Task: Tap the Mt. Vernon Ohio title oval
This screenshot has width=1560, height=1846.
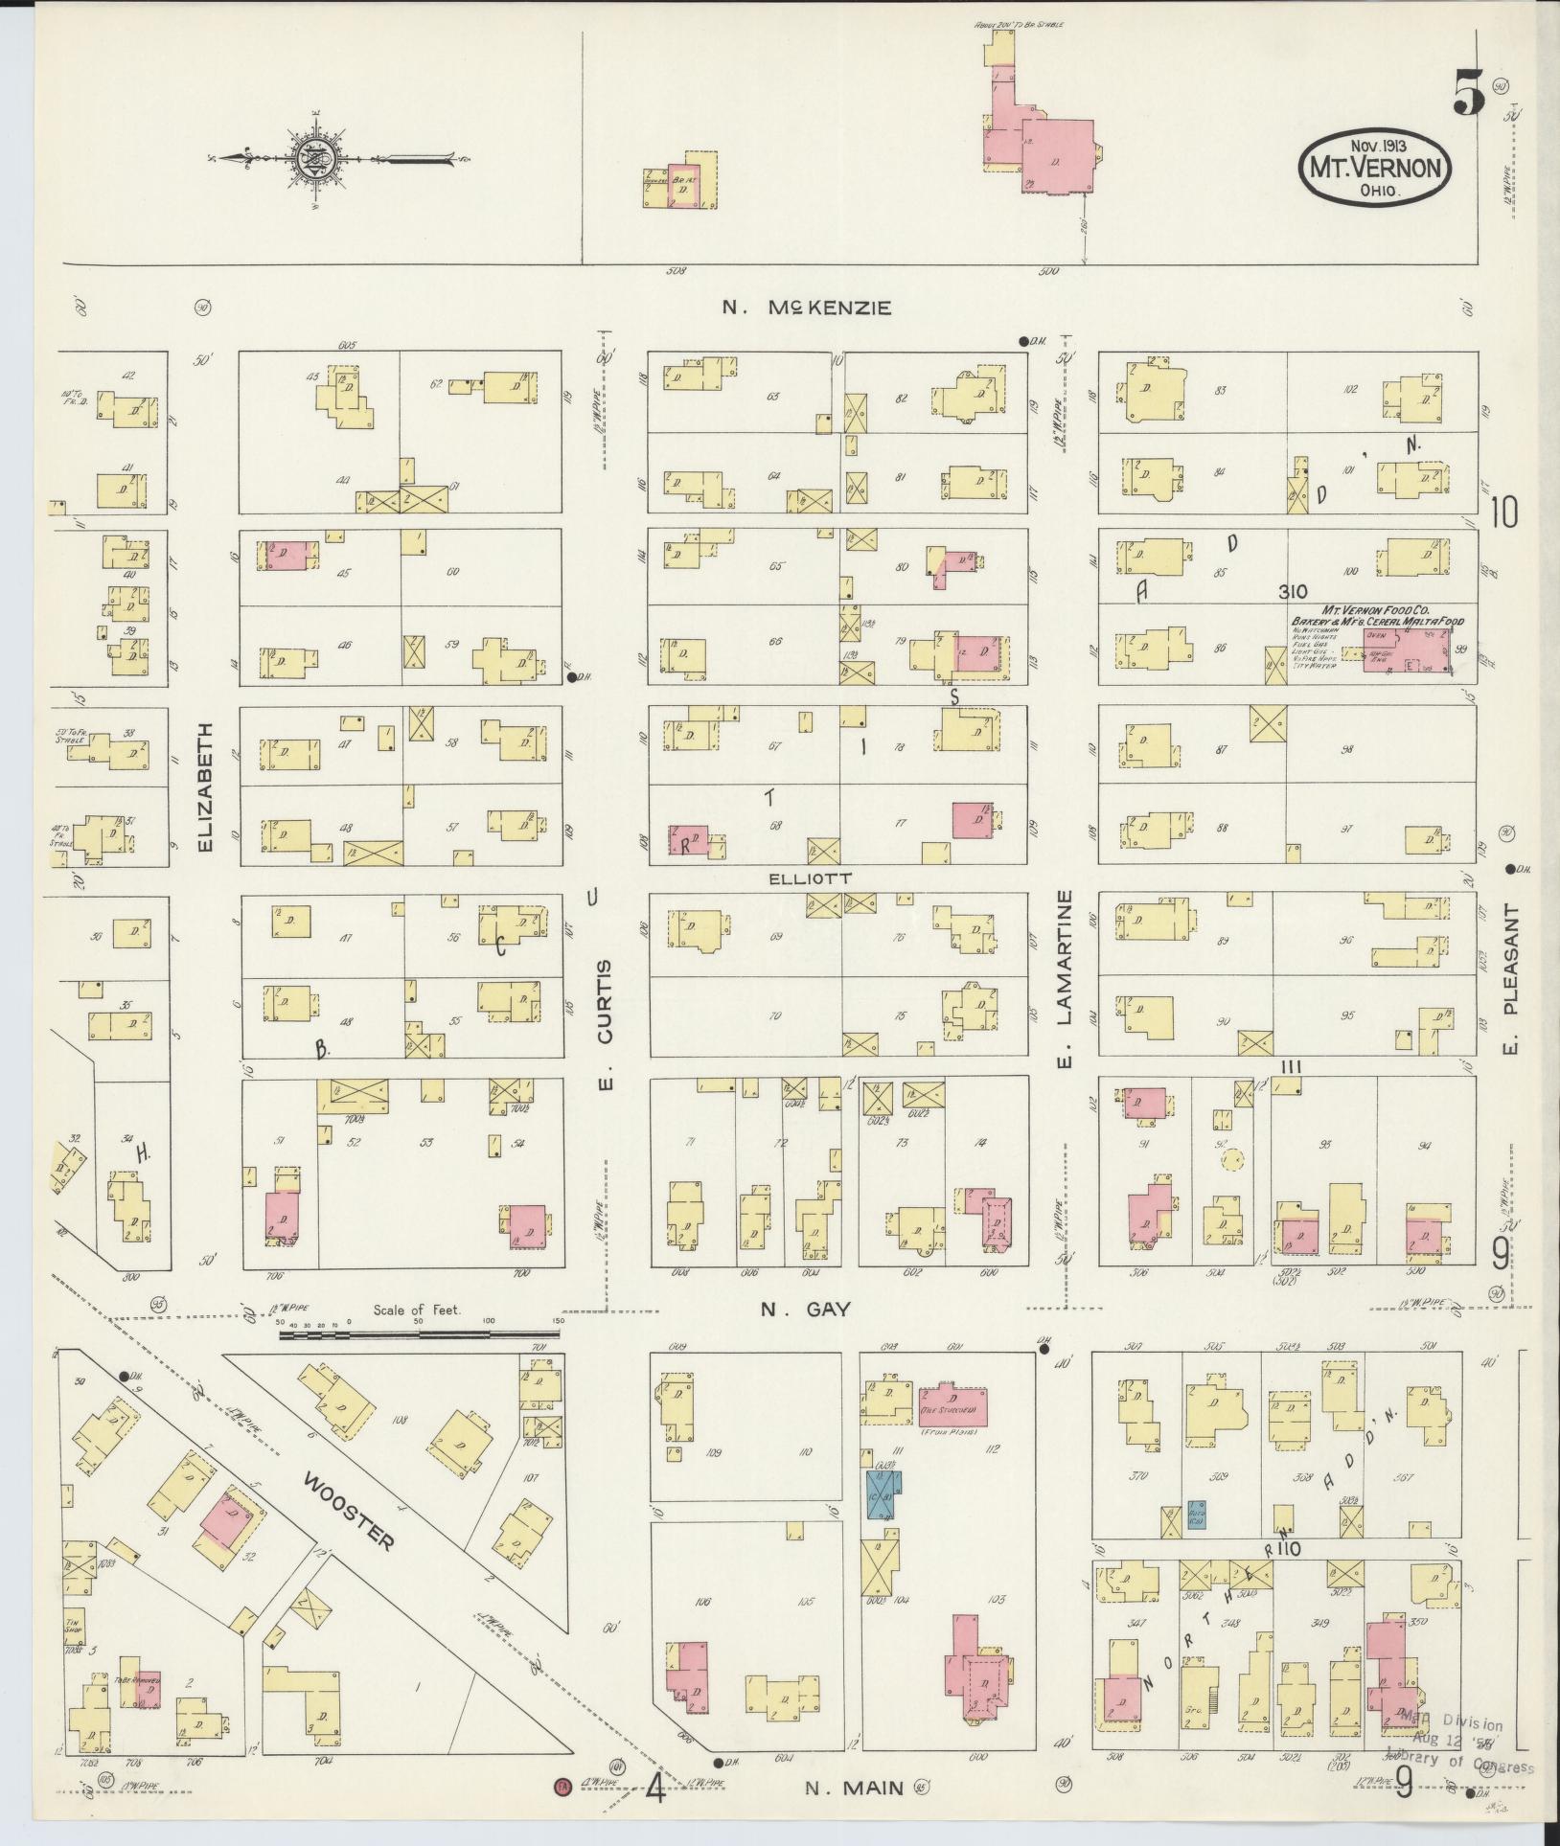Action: coord(1374,166)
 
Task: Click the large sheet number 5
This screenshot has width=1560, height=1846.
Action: coord(1467,95)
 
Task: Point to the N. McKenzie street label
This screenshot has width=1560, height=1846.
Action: coord(807,308)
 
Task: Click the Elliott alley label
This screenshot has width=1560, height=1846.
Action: coord(809,877)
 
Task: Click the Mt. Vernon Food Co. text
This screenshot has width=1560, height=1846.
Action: coord(1376,609)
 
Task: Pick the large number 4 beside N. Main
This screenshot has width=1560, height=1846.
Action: coord(654,1787)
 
